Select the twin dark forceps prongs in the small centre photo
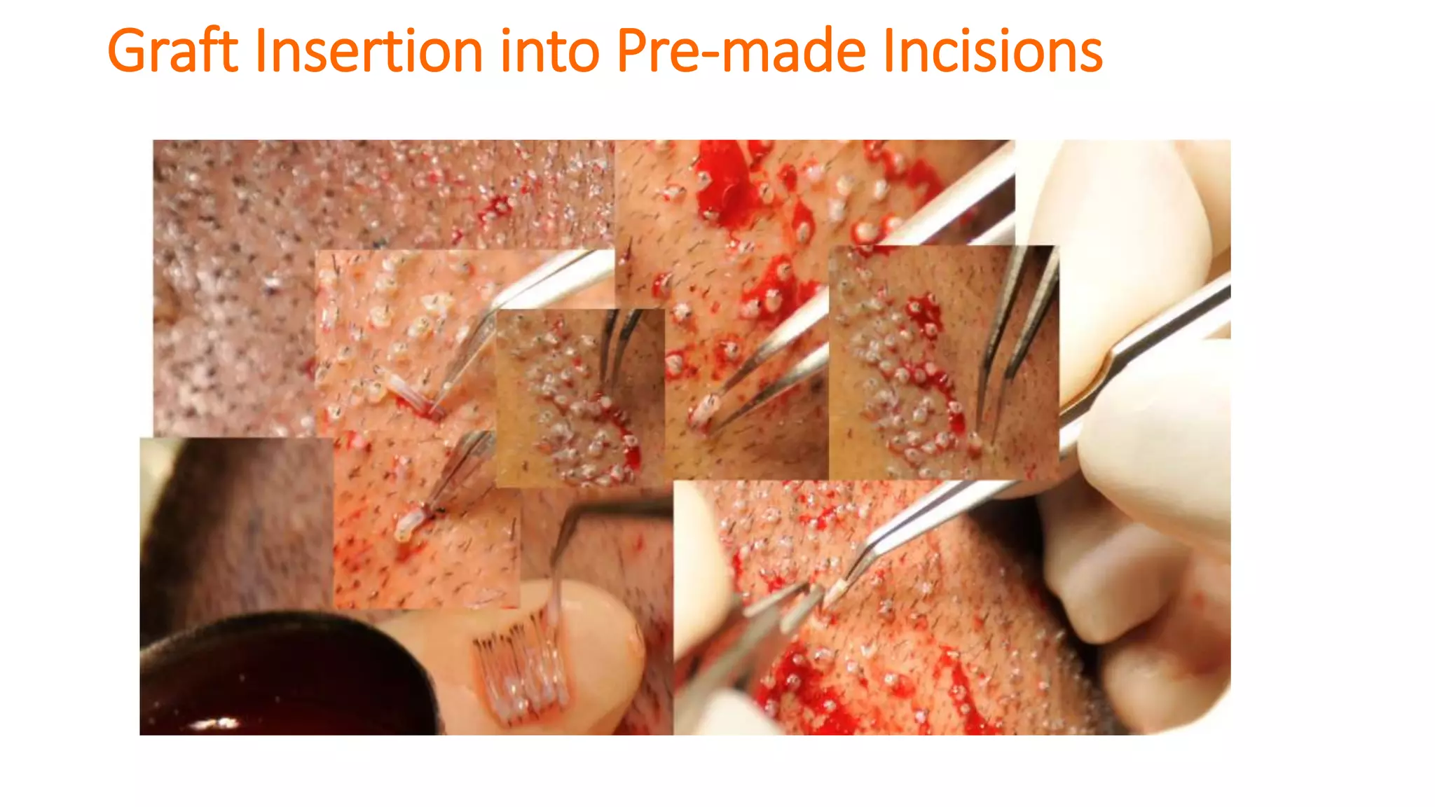[x=620, y=343]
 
